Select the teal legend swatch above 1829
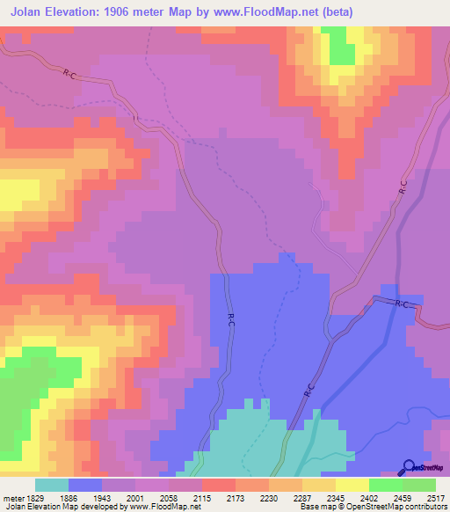point(52,485)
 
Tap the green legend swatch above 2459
point(386,485)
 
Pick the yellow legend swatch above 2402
point(352,485)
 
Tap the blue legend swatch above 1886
point(85,485)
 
